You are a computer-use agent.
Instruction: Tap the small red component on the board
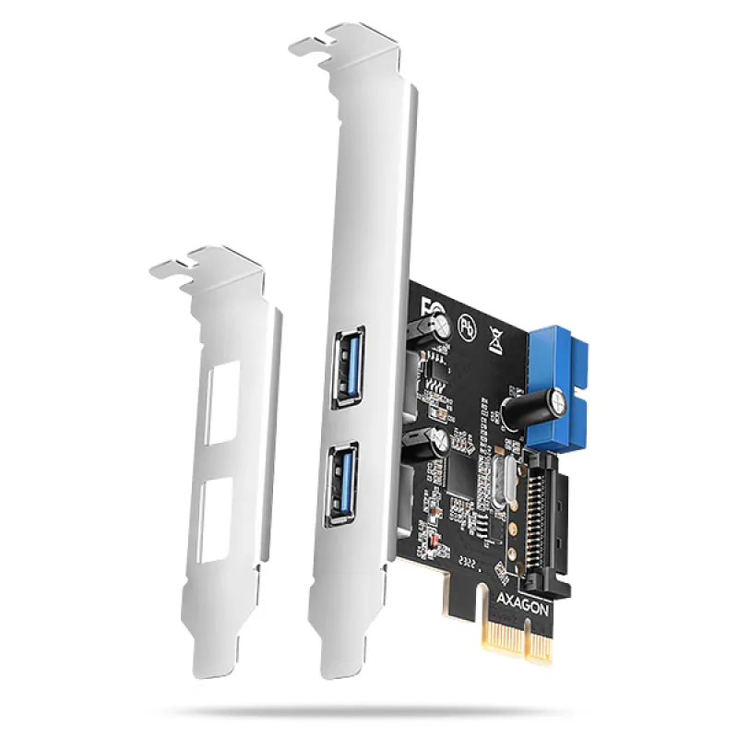click(425, 538)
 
